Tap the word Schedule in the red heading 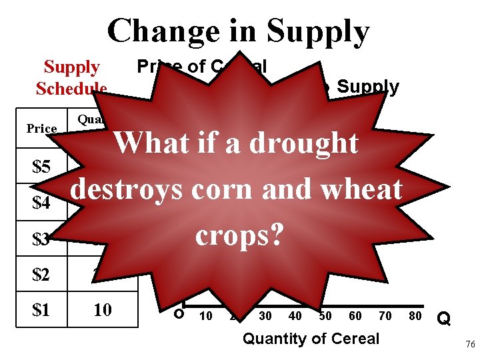tap(71, 89)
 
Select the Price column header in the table tap(41, 128)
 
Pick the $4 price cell tap(41, 203)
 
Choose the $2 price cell tap(41, 274)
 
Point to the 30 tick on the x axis tap(265, 316)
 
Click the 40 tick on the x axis tap(295, 316)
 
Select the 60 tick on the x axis tap(355, 316)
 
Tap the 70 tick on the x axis tap(385, 316)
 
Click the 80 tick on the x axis tap(415, 316)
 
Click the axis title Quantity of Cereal tap(311, 339)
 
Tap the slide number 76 tap(469, 344)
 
